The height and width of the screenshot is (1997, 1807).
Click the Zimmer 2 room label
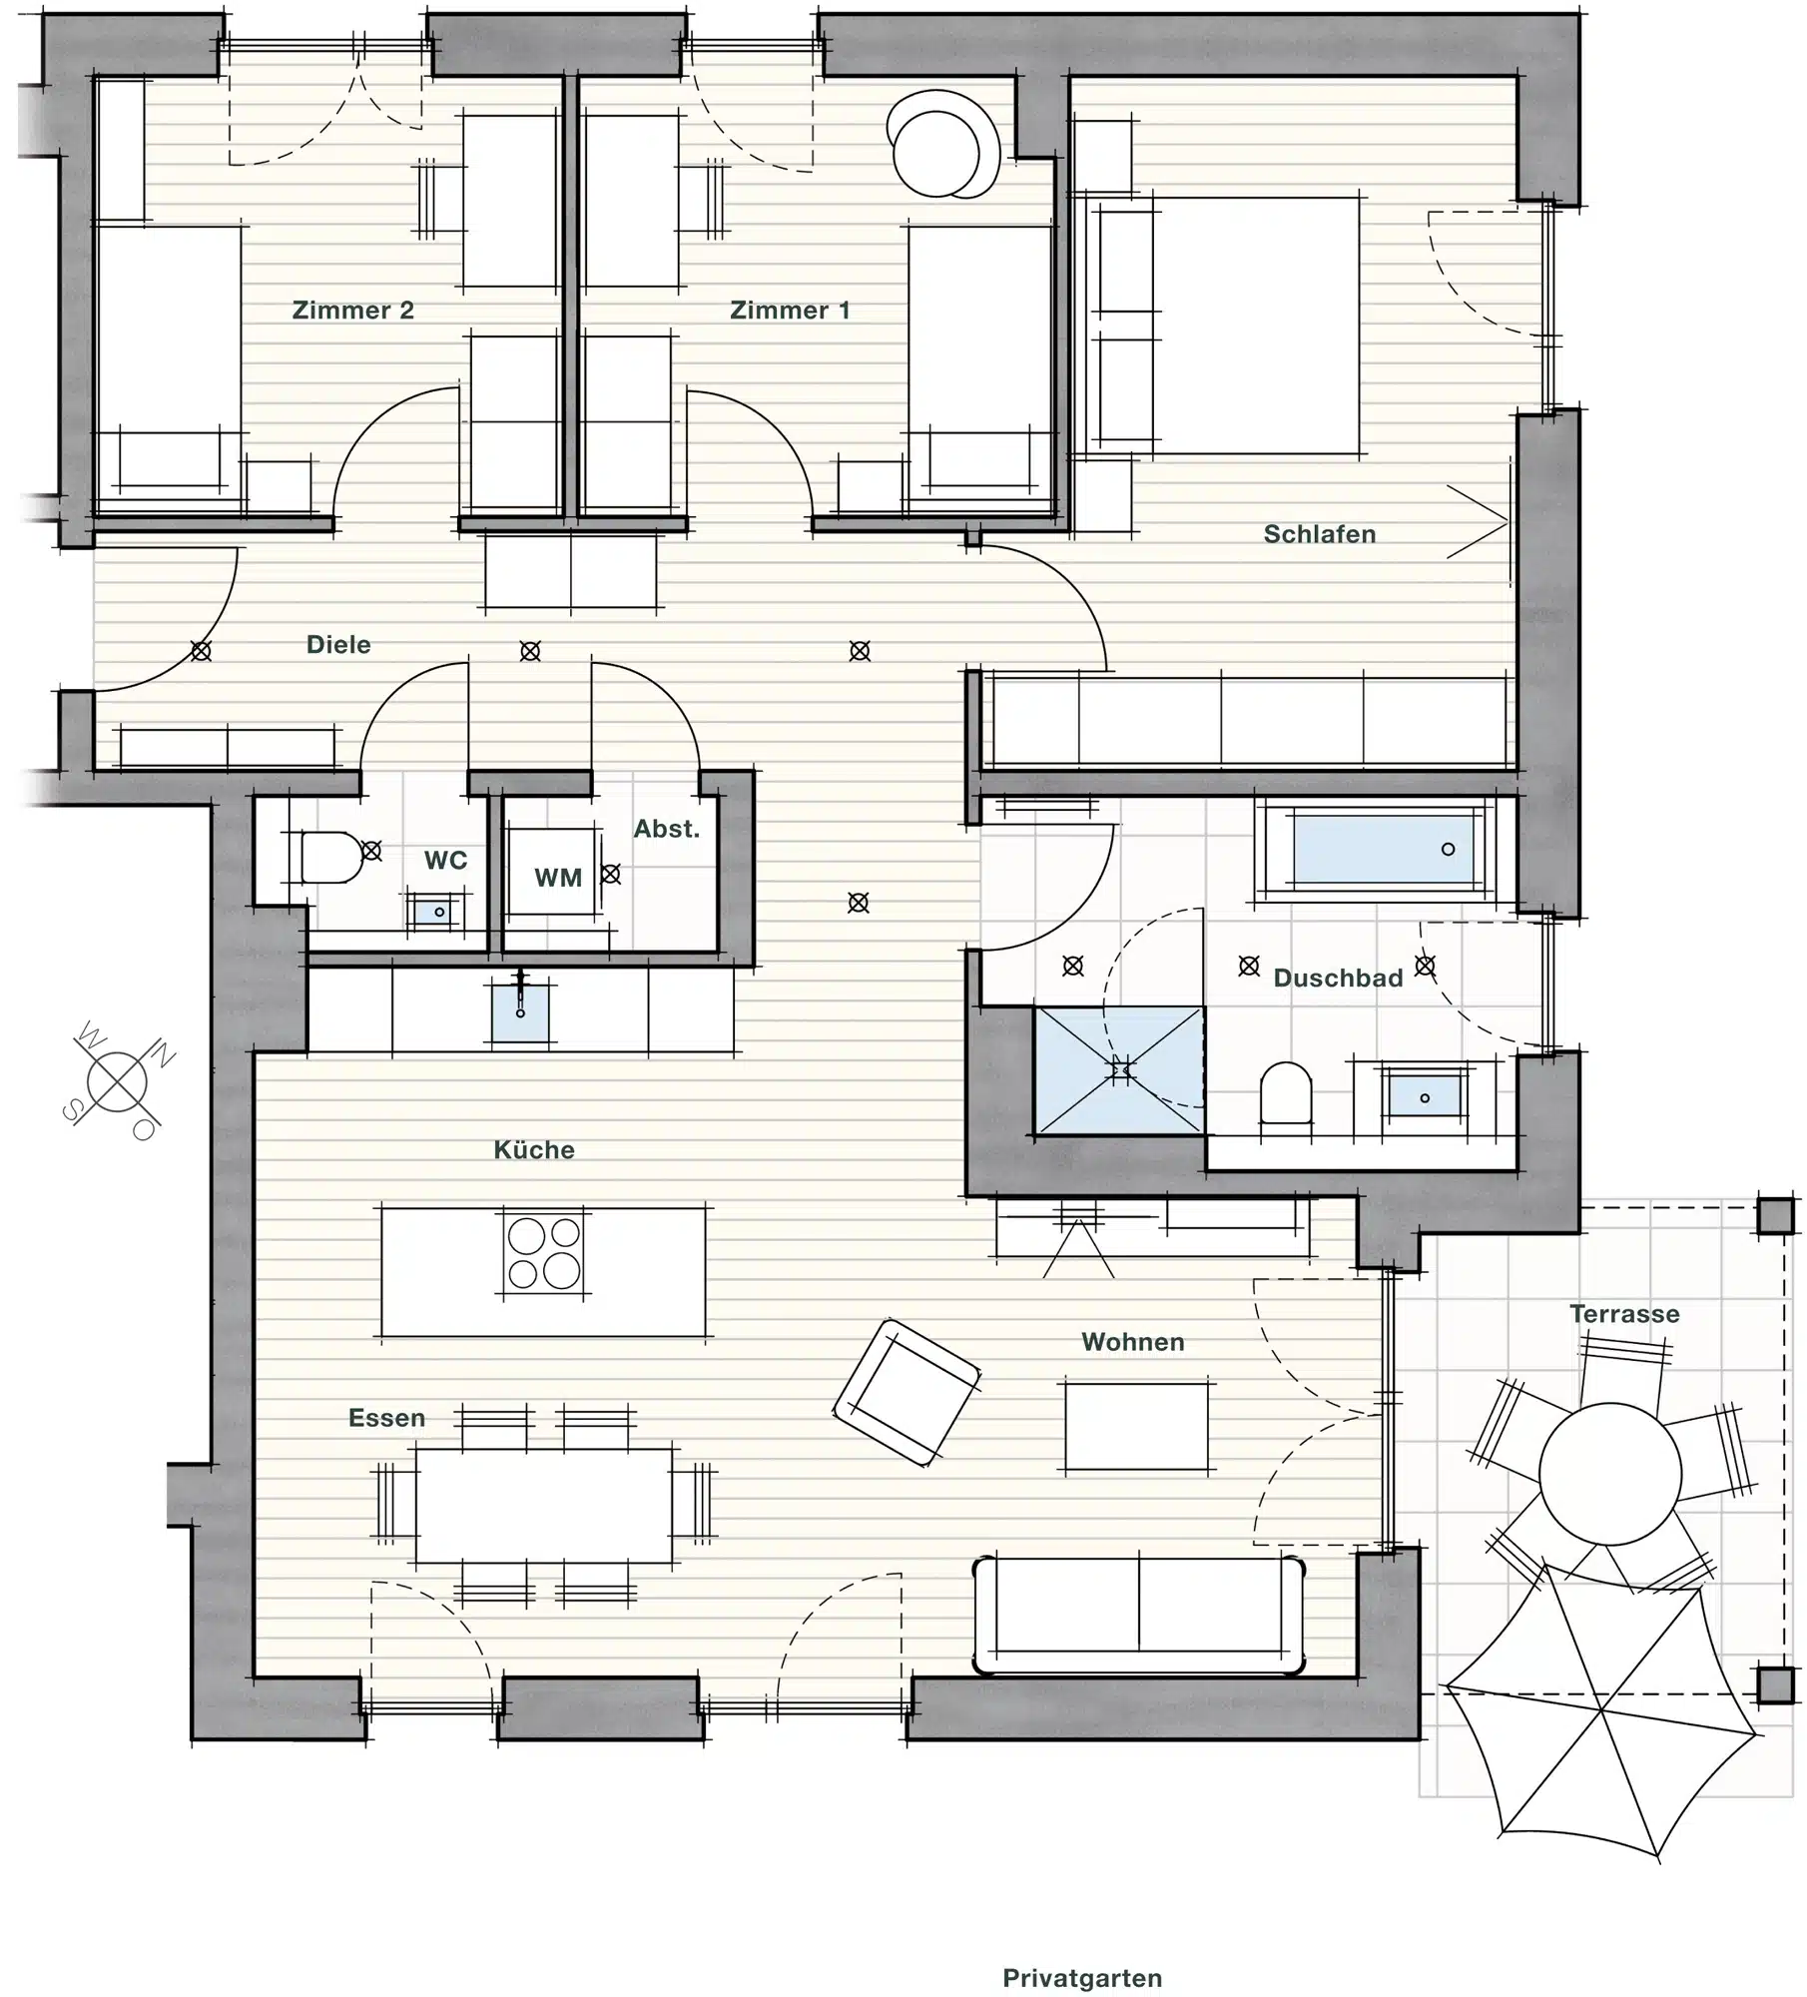(x=352, y=311)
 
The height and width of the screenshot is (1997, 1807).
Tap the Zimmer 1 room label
(x=790, y=311)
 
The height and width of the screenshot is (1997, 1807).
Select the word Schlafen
(x=1320, y=534)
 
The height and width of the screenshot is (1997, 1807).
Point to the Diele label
(x=338, y=645)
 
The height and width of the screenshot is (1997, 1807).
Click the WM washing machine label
(x=558, y=878)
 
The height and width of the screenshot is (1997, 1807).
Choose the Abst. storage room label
(x=667, y=829)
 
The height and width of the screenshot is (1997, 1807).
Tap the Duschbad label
(x=1339, y=978)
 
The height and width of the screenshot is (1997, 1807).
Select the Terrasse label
(x=1624, y=1314)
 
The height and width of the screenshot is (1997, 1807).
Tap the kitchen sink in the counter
(x=520, y=1010)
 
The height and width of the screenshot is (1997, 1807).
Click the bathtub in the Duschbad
(x=1384, y=849)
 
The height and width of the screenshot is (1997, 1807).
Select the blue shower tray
(x=1119, y=1070)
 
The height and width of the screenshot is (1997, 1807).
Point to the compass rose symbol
(x=117, y=1081)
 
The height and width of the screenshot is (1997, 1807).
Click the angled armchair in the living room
(x=906, y=1392)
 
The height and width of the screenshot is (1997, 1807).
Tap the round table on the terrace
(x=1609, y=1474)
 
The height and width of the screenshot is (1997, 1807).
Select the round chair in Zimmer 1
(x=942, y=146)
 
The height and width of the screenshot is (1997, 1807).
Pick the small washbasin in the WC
(x=434, y=912)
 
